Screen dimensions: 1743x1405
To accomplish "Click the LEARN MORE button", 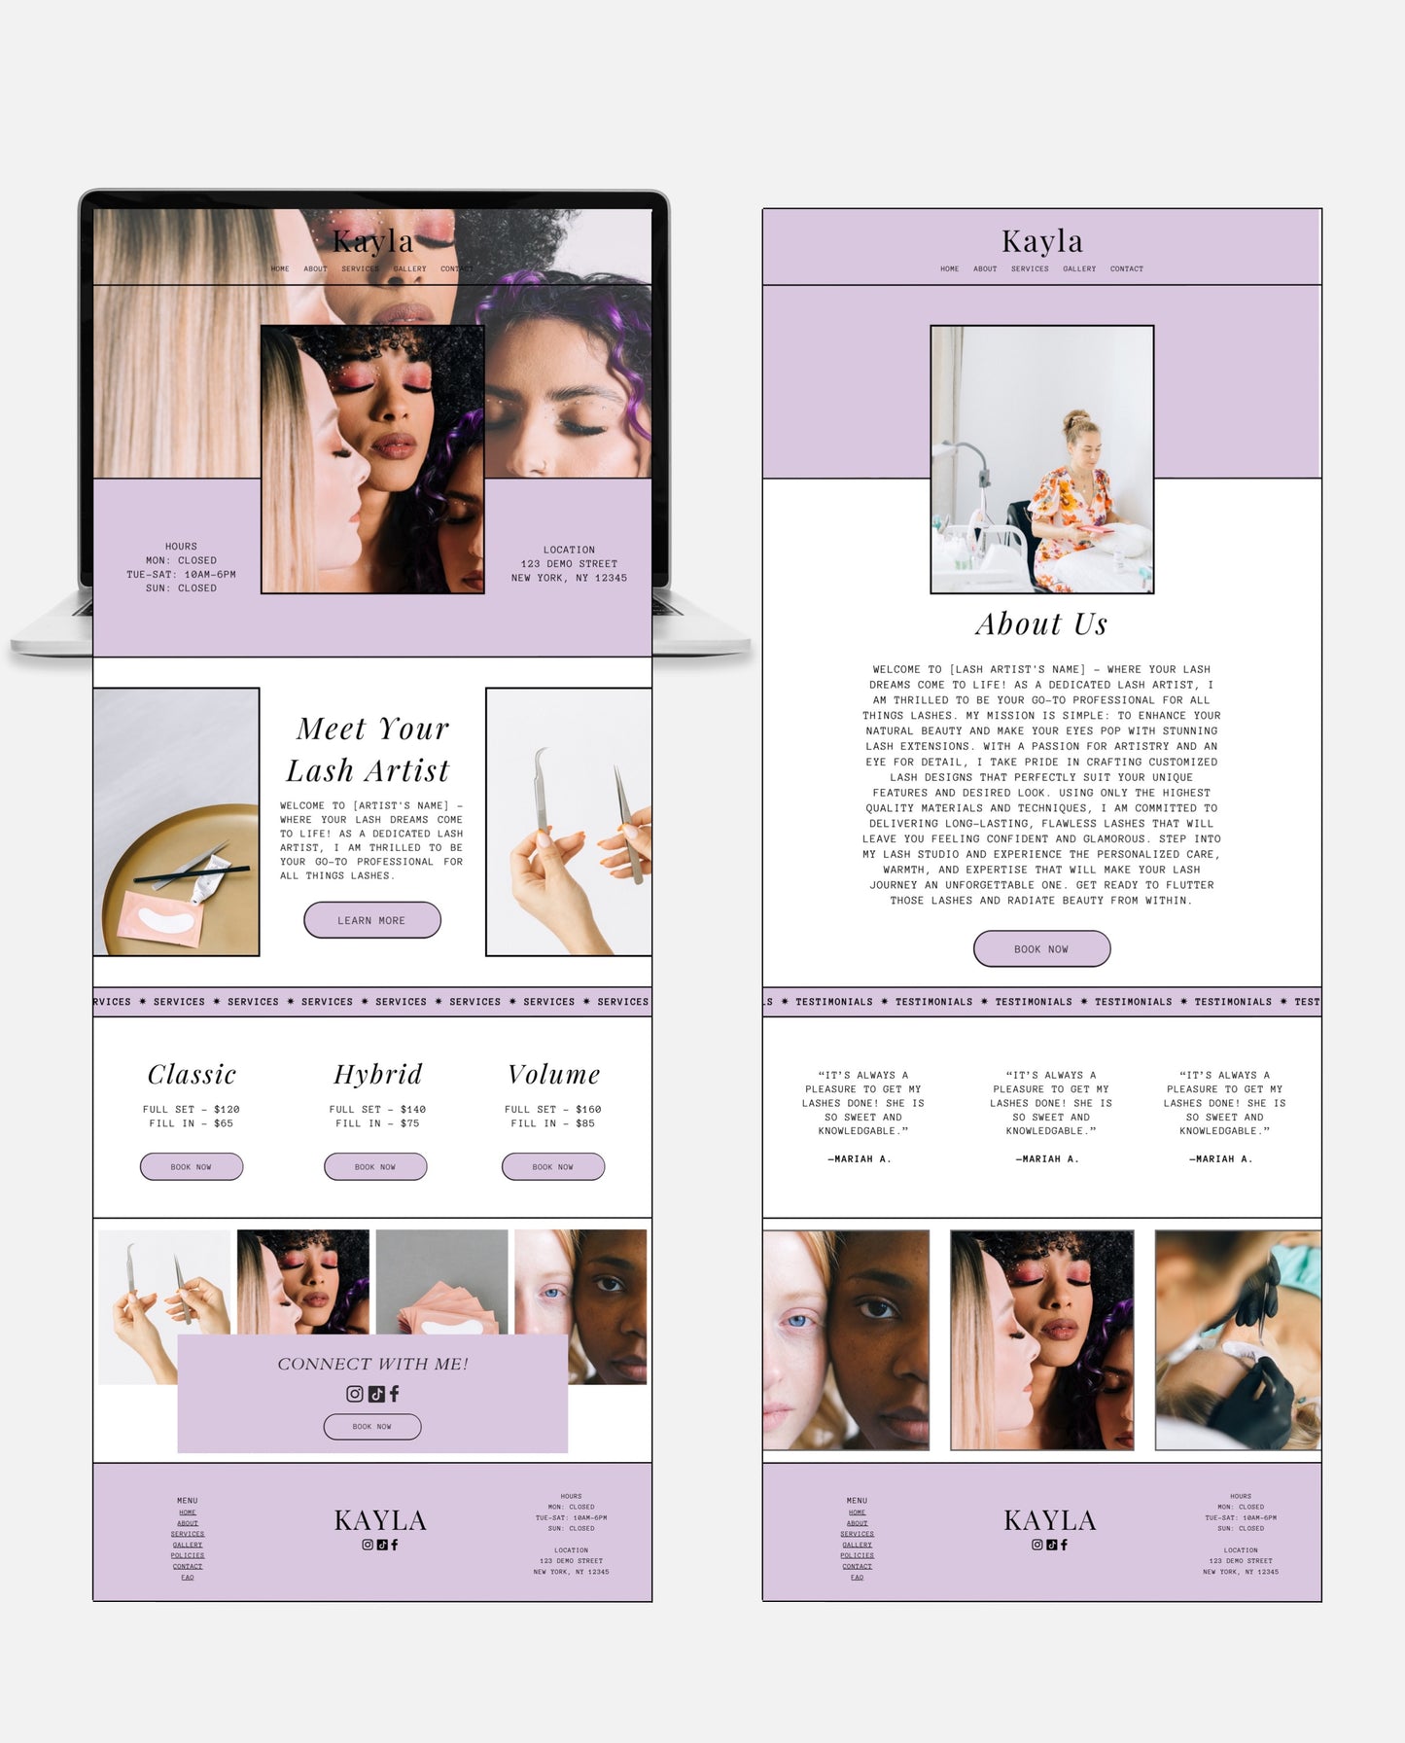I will pos(371,920).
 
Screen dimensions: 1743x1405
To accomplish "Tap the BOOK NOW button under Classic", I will pos(192,1166).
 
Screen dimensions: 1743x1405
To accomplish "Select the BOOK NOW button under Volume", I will pos(552,1166).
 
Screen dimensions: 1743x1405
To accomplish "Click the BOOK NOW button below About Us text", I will pos(1041,948).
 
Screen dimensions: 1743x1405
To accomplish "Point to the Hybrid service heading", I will pos(378,1075).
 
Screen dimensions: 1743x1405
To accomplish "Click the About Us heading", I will pos(1041,623).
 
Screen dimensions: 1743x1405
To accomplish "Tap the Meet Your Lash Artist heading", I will pos(369,749).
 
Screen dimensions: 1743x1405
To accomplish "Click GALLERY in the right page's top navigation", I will pos(1078,268).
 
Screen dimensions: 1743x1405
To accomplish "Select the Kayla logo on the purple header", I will pos(1041,240).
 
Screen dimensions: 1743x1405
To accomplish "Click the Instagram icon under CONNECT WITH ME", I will pos(355,1394).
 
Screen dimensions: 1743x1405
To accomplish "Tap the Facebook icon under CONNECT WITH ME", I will pos(394,1394).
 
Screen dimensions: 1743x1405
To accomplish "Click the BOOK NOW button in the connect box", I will pos(371,1427).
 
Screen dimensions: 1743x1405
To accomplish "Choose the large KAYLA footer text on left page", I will pos(380,1520).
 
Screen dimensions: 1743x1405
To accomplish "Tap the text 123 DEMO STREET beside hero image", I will pos(569,564).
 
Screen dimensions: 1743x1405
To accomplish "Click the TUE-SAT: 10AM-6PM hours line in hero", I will pos(181,575).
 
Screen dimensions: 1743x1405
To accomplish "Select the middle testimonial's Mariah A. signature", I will pos(1047,1158).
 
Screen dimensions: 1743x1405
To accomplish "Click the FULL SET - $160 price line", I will pos(552,1109).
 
